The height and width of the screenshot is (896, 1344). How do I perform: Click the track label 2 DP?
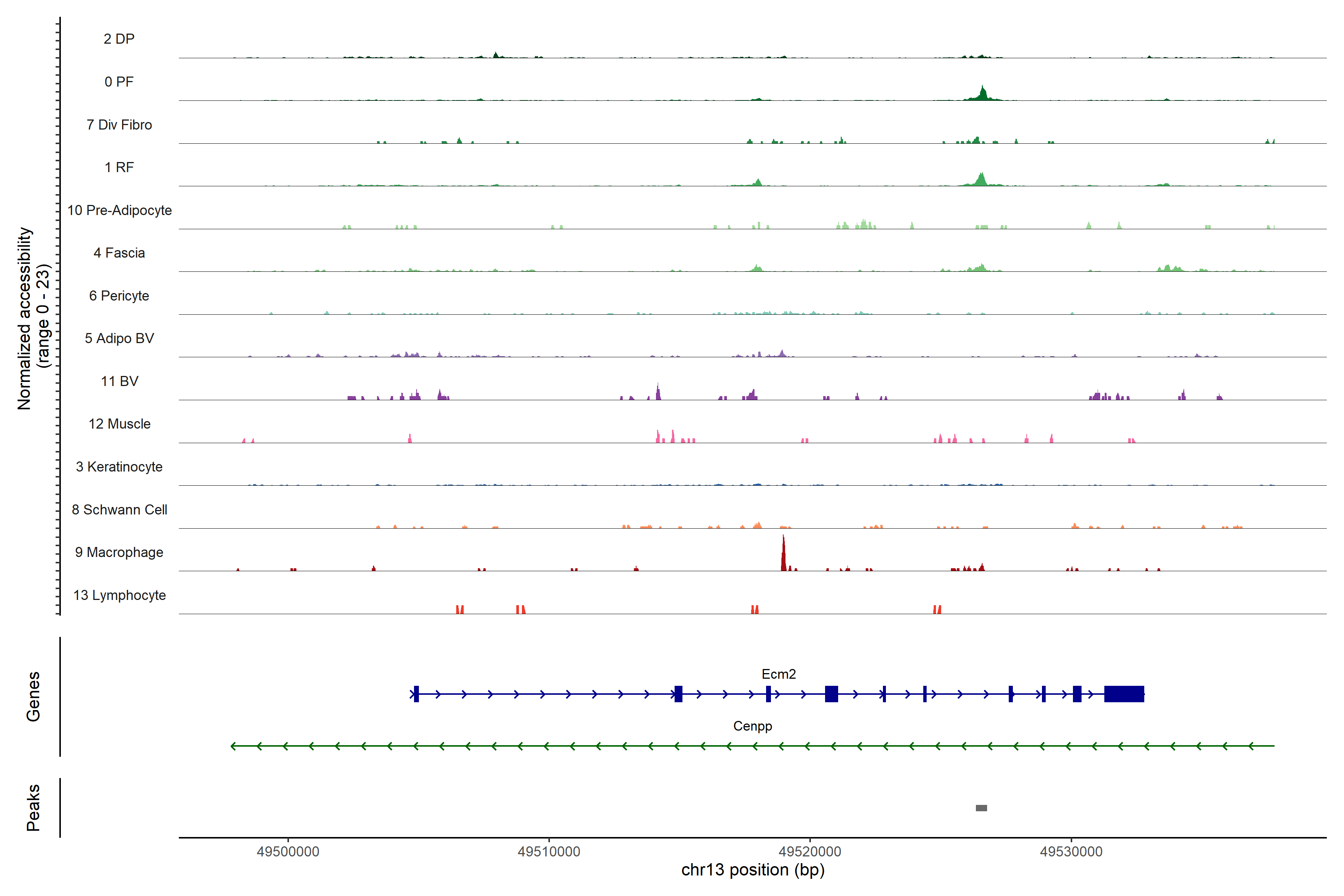point(119,39)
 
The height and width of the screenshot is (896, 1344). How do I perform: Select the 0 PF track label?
point(119,82)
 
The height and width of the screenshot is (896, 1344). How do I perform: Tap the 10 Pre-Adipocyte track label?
point(119,210)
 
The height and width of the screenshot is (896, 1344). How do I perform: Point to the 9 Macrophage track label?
point(119,552)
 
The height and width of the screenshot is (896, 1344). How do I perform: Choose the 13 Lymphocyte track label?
point(119,595)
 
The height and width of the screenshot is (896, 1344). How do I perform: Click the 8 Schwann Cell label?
point(119,510)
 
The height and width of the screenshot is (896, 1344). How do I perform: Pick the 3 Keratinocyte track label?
point(119,467)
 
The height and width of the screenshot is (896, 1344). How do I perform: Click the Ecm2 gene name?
point(778,674)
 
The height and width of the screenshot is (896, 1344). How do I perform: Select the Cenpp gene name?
point(753,726)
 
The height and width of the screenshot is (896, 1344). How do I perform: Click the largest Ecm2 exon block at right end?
point(1124,694)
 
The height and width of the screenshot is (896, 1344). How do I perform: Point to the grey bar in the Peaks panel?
point(981,808)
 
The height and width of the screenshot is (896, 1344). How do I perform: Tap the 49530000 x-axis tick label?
point(1071,852)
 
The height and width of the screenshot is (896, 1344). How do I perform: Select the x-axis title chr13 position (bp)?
point(753,870)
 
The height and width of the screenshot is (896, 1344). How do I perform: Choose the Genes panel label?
point(33,697)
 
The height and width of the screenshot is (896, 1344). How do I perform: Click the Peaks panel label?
point(33,808)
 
